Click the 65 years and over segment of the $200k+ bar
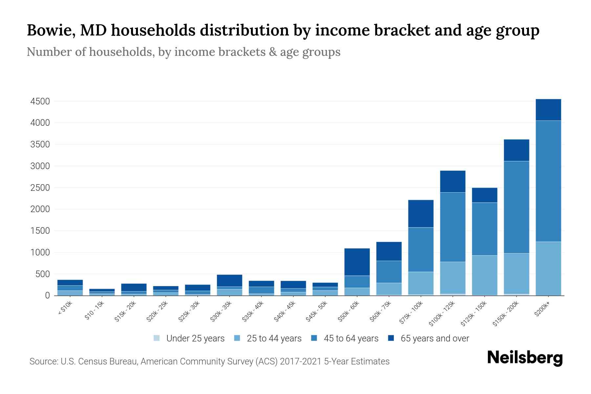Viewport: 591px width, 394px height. coord(548,110)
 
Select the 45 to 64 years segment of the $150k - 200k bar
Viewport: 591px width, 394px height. coord(516,207)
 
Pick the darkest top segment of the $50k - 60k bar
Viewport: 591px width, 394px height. coord(357,262)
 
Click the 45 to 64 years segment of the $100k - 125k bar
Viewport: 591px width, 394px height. coord(452,227)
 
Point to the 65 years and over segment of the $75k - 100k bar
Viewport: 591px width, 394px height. coord(421,213)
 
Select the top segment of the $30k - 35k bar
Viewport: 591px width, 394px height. coord(230,280)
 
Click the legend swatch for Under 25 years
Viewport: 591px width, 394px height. coord(157,338)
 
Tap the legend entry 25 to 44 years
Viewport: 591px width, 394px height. coord(274,339)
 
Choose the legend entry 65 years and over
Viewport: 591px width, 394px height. coord(434,339)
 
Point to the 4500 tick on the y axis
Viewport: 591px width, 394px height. coord(40,101)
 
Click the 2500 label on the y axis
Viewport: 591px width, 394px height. coord(40,188)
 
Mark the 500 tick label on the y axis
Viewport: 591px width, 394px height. coord(42,274)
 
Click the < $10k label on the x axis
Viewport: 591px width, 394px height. coord(65,308)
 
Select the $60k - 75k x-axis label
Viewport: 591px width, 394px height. coord(381,312)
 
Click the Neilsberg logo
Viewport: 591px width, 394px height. coord(525,358)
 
